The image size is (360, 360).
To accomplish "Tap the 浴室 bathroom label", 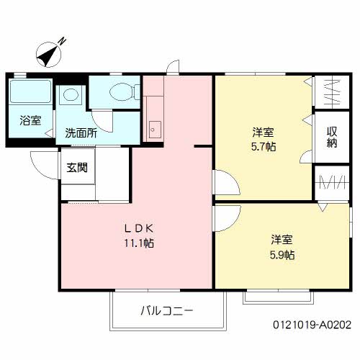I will pos(31,120).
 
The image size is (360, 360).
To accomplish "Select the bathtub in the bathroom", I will pos(30,93).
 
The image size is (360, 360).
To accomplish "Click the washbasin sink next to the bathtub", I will pos(71,94).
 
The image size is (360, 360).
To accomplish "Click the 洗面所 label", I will pos(81,133).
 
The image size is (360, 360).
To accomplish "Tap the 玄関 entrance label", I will pos(78,168).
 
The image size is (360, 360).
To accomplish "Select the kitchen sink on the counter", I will pos(154,130).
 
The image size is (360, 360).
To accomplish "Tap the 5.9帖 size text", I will pos(282,254).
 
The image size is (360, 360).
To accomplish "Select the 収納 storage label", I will pos(332,138).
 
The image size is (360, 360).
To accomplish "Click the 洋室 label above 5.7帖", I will pos(262,132).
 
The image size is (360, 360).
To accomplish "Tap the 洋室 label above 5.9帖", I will pos(282,239).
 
